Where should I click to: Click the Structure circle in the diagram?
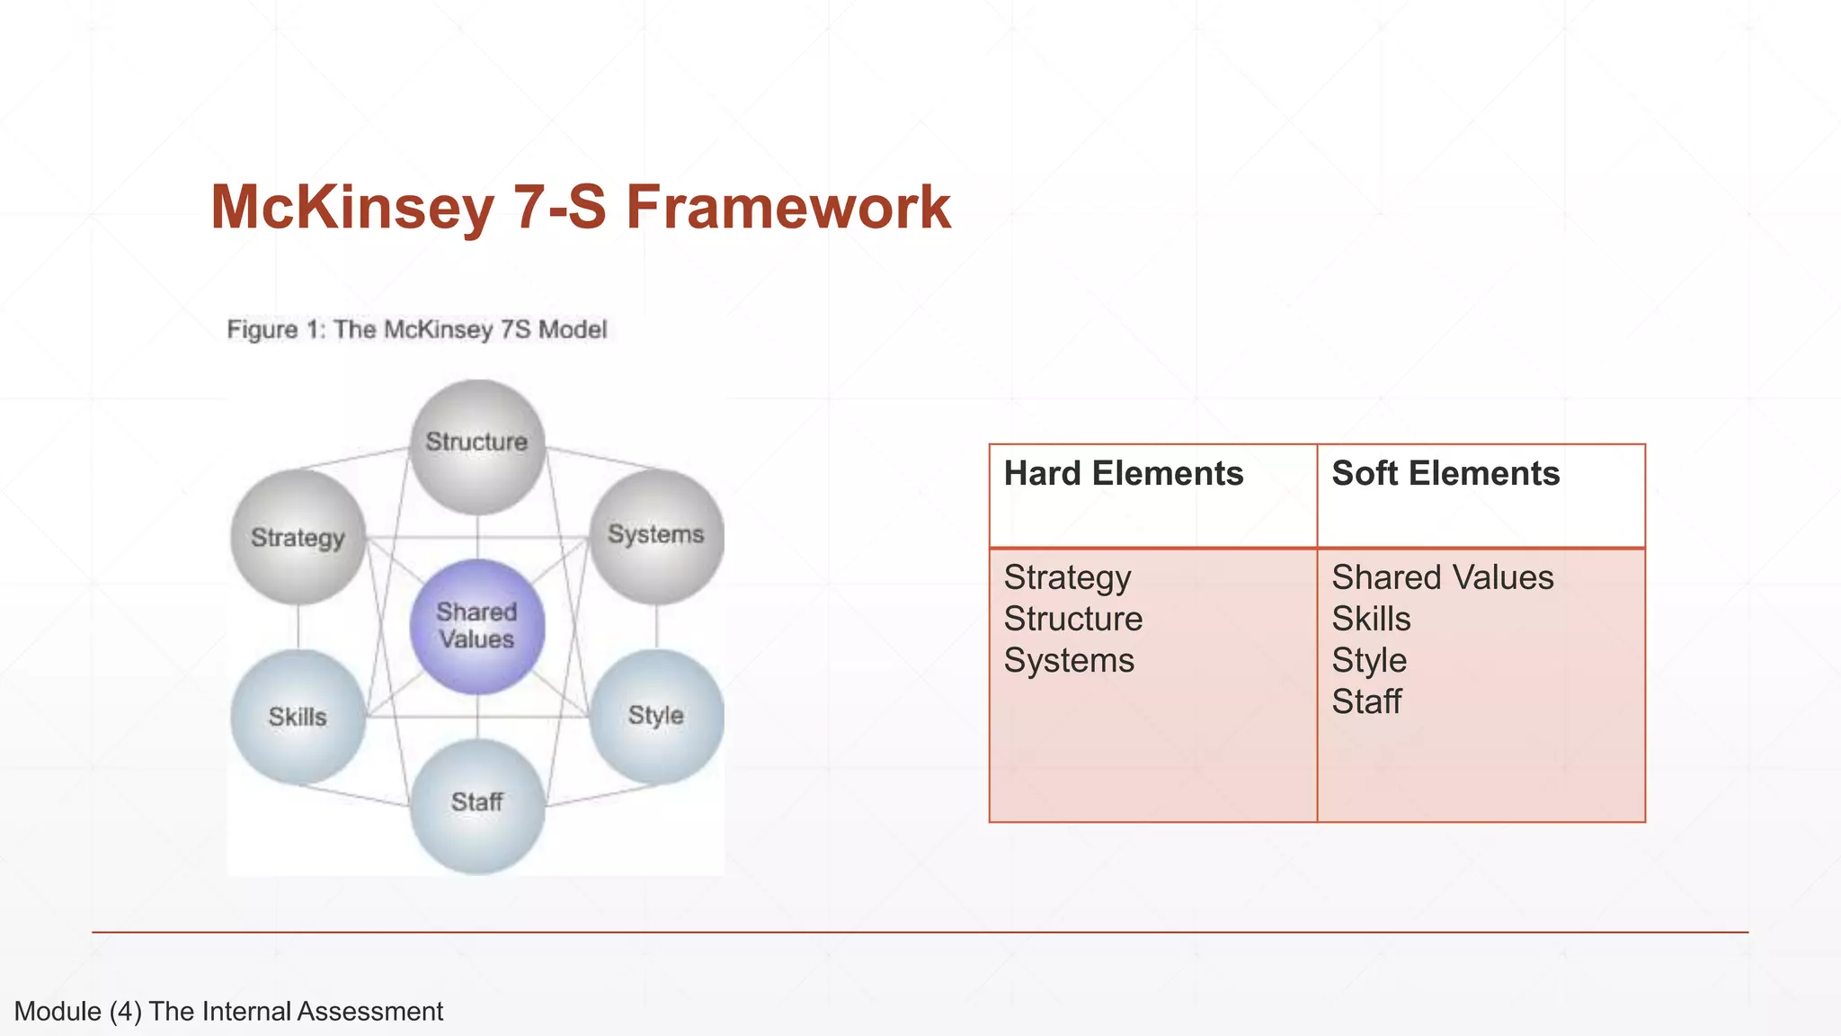point(477,446)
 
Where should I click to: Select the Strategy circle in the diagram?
point(298,537)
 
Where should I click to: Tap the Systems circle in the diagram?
point(656,535)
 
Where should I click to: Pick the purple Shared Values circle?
point(477,626)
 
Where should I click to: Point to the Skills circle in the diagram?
point(298,717)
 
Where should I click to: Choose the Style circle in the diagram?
point(656,716)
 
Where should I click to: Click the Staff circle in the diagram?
point(477,804)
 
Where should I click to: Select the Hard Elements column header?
point(1124,474)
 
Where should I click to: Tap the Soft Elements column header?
point(1445,474)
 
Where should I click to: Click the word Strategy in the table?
point(1067,578)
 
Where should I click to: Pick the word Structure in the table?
point(1073,619)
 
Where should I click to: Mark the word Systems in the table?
point(1069,660)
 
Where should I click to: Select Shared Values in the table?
point(1442,577)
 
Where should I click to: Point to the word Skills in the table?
point(1371,619)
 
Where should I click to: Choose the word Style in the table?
point(1369,661)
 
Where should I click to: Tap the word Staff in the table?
point(1366,701)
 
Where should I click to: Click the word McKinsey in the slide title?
point(351,208)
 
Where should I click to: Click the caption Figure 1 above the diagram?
point(273,329)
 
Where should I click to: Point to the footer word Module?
point(58,1012)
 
